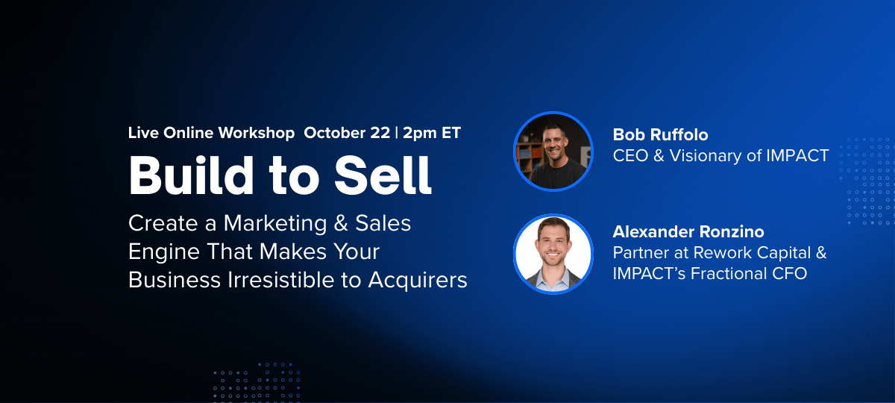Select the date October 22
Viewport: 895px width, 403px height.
pos(347,133)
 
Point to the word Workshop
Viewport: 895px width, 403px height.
pos(257,133)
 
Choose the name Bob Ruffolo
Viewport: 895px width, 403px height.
pos(660,135)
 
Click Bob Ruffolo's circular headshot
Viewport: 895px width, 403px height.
pos(553,151)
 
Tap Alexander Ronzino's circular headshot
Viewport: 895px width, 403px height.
pos(553,254)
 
